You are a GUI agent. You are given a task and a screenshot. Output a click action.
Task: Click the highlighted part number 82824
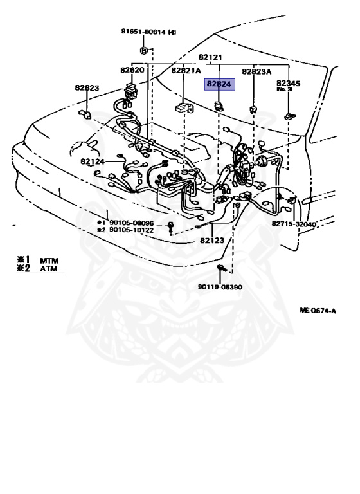(x=219, y=84)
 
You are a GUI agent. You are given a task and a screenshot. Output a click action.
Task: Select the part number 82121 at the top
(x=210, y=57)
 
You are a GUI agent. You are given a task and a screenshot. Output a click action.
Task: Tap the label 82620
(x=132, y=70)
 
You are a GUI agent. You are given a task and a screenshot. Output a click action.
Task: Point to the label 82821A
(x=186, y=71)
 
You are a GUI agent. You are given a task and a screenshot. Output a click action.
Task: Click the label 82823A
(x=256, y=72)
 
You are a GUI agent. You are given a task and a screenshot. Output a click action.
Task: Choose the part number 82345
(x=288, y=83)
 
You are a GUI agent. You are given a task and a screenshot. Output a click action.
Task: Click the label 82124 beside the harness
(x=93, y=161)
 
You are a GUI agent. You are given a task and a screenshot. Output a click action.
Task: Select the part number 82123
(x=212, y=241)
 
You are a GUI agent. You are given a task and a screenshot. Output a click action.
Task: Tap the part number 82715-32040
(x=294, y=224)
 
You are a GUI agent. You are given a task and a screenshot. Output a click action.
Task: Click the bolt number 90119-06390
(x=220, y=287)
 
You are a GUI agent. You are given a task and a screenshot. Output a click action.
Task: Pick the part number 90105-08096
(x=131, y=223)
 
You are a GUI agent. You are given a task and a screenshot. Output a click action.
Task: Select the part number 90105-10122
(x=131, y=230)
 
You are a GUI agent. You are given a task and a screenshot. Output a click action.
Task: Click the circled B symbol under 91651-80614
(x=143, y=50)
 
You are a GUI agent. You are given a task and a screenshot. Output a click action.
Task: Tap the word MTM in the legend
(x=49, y=261)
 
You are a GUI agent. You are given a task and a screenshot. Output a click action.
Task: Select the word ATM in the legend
(x=49, y=269)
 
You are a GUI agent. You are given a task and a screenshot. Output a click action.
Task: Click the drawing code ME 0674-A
(x=318, y=311)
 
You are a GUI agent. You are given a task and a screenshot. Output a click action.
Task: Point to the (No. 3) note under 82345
(x=284, y=89)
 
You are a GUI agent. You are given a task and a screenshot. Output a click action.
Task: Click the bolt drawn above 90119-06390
(x=221, y=268)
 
